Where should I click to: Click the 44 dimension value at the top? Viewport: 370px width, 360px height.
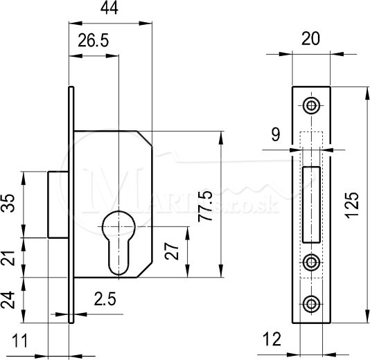109,9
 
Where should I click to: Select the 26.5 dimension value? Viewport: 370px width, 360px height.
94,41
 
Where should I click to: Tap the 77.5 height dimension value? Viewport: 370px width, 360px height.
205,206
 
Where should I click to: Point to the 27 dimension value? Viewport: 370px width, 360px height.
172,251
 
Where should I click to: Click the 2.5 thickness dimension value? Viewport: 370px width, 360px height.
105,298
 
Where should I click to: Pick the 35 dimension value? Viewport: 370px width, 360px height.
8,204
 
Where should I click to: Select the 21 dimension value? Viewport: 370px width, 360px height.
8,258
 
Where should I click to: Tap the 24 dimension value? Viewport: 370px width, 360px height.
8,300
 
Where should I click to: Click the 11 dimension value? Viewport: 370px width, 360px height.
20,341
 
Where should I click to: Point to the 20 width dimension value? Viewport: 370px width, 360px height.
311,39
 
